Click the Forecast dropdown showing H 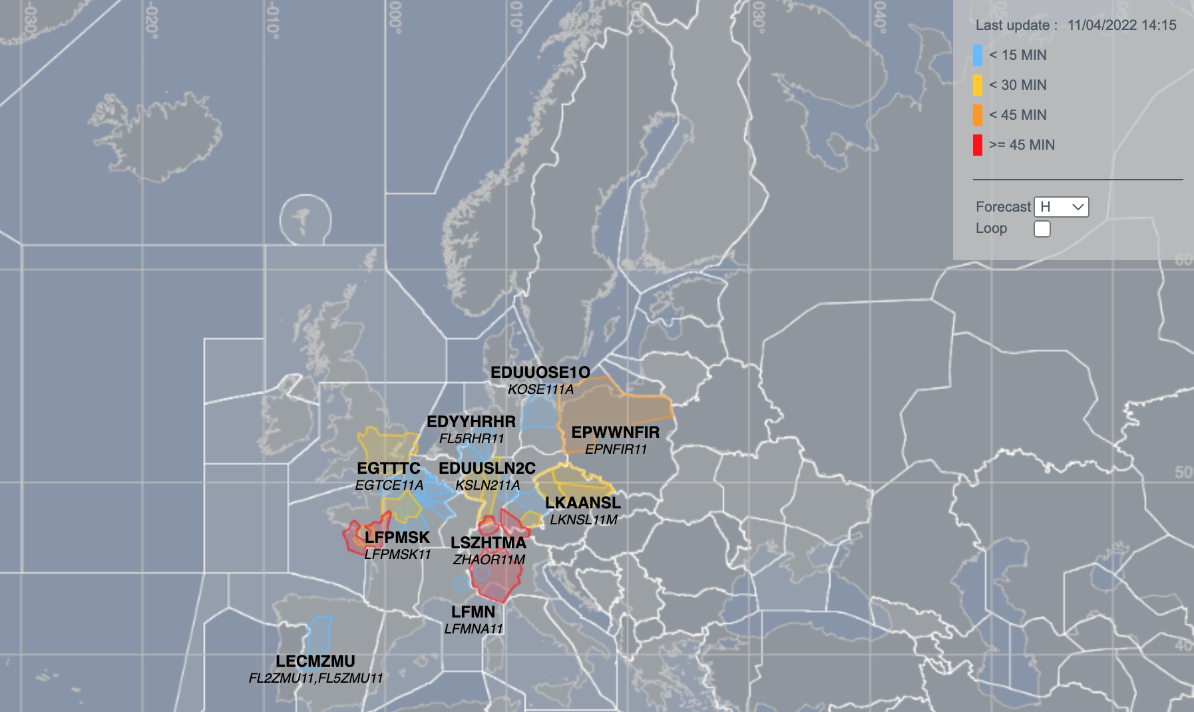(1061, 207)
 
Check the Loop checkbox (1042, 229)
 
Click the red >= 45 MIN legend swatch (977, 145)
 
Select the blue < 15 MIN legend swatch (977, 55)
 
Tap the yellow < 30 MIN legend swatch (977, 85)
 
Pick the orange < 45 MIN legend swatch (977, 115)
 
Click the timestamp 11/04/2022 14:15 (1121, 25)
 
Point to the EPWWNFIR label (615, 433)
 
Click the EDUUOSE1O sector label (540, 373)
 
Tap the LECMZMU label (315, 661)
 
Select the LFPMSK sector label (397, 538)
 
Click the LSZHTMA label (489, 543)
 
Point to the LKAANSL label (582, 503)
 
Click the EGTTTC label (389, 468)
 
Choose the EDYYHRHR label (471, 422)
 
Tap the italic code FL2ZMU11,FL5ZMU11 (315, 678)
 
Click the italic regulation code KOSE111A (540, 389)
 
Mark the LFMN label (473, 612)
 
